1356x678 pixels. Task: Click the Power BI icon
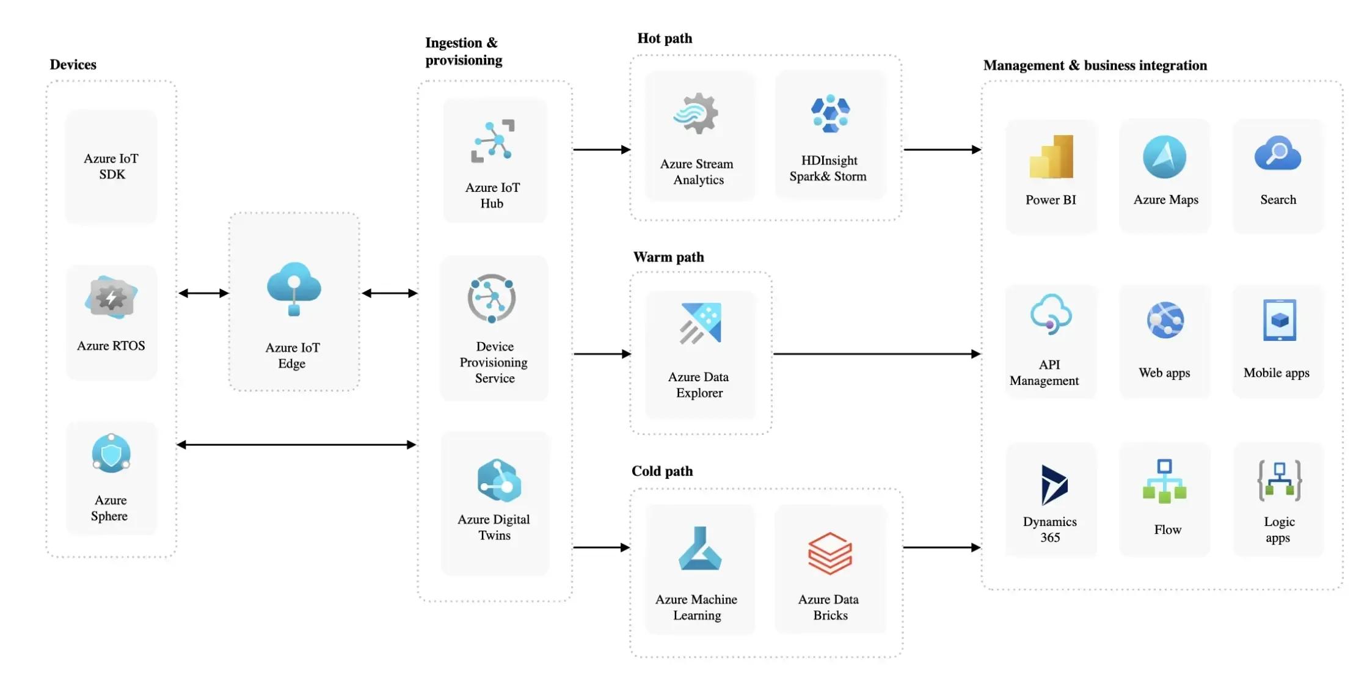1051,156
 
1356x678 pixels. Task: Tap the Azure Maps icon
1164,157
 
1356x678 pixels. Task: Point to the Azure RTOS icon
111,297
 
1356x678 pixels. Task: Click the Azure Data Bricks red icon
829,553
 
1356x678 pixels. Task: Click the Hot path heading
665,38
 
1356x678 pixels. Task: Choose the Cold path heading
662,471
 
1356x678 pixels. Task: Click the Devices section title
73,65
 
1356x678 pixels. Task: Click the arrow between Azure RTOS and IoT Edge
203,293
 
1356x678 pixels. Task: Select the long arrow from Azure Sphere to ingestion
296,445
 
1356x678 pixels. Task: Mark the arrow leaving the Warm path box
877,354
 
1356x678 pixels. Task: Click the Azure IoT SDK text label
112,166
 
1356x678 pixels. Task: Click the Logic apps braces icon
1279,481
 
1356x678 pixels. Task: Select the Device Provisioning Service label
494,362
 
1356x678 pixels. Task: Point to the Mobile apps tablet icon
1279,320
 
